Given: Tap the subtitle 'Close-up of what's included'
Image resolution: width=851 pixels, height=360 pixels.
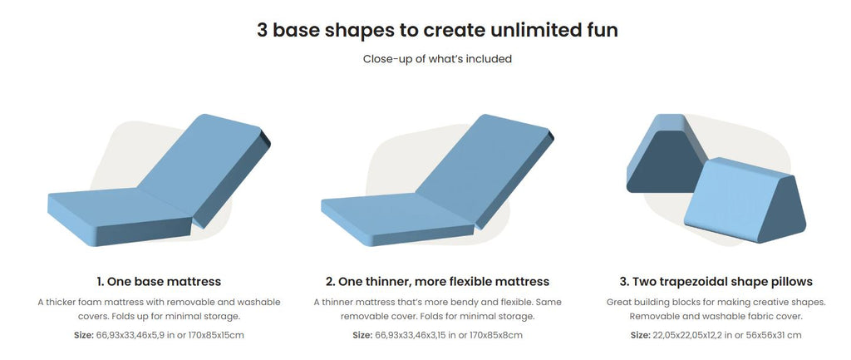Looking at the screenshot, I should (437, 59).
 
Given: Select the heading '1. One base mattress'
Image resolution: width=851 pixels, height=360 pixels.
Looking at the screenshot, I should (159, 282).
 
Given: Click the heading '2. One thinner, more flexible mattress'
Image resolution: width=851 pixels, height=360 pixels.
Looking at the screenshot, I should (437, 282).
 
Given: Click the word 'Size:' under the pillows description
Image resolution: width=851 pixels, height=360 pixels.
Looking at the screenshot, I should (641, 335).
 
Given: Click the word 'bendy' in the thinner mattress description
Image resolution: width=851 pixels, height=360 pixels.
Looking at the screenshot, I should (469, 301).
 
